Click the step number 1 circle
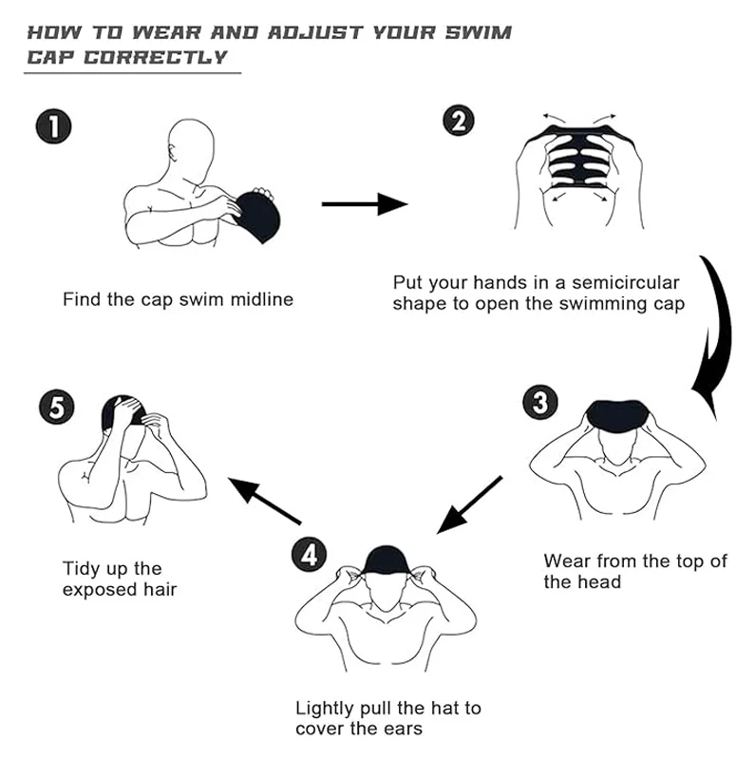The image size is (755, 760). pyautogui.click(x=54, y=126)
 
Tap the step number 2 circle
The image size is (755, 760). pyautogui.click(x=459, y=121)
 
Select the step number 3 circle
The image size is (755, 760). pyautogui.click(x=539, y=402)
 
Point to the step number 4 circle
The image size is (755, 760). pyautogui.click(x=310, y=554)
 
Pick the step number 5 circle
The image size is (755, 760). pyautogui.click(x=57, y=407)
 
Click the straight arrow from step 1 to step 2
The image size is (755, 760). pyautogui.click(x=365, y=204)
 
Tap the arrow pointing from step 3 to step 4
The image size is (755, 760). pyautogui.click(x=469, y=505)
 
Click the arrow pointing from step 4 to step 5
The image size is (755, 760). pyautogui.click(x=265, y=501)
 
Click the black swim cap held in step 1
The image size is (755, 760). pyautogui.click(x=256, y=217)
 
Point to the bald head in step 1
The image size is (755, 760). pyautogui.click(x=191, y=147)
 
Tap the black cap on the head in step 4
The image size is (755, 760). pyautogui.click(x=387, y=561)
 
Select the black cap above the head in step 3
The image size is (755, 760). pyautogui.click(x=616, y=415)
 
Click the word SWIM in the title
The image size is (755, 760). pyautogui.click(x=479, y=33)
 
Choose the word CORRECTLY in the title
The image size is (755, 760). pyautogui.click(x=155, y=57)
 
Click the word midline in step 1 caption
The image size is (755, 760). pyautogui.click(x=262, y=299)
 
